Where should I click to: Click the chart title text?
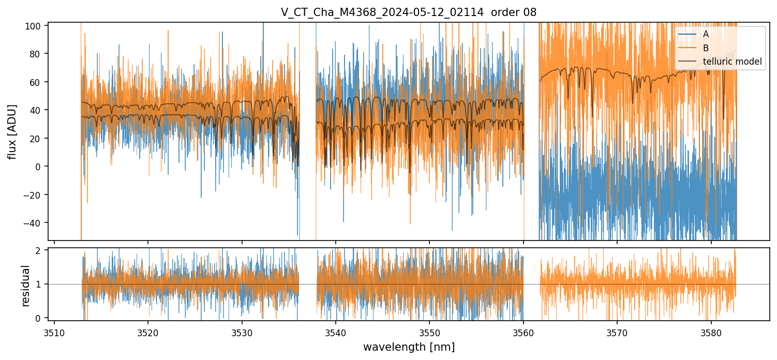[409, 13]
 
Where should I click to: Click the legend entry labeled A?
[706, 34]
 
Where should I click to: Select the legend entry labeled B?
[706, 48]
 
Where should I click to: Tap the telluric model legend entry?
[732, 62]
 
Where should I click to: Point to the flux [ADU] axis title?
[12, 131]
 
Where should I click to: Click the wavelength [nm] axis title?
[409, 347]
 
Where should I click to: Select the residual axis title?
[25, 286]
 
